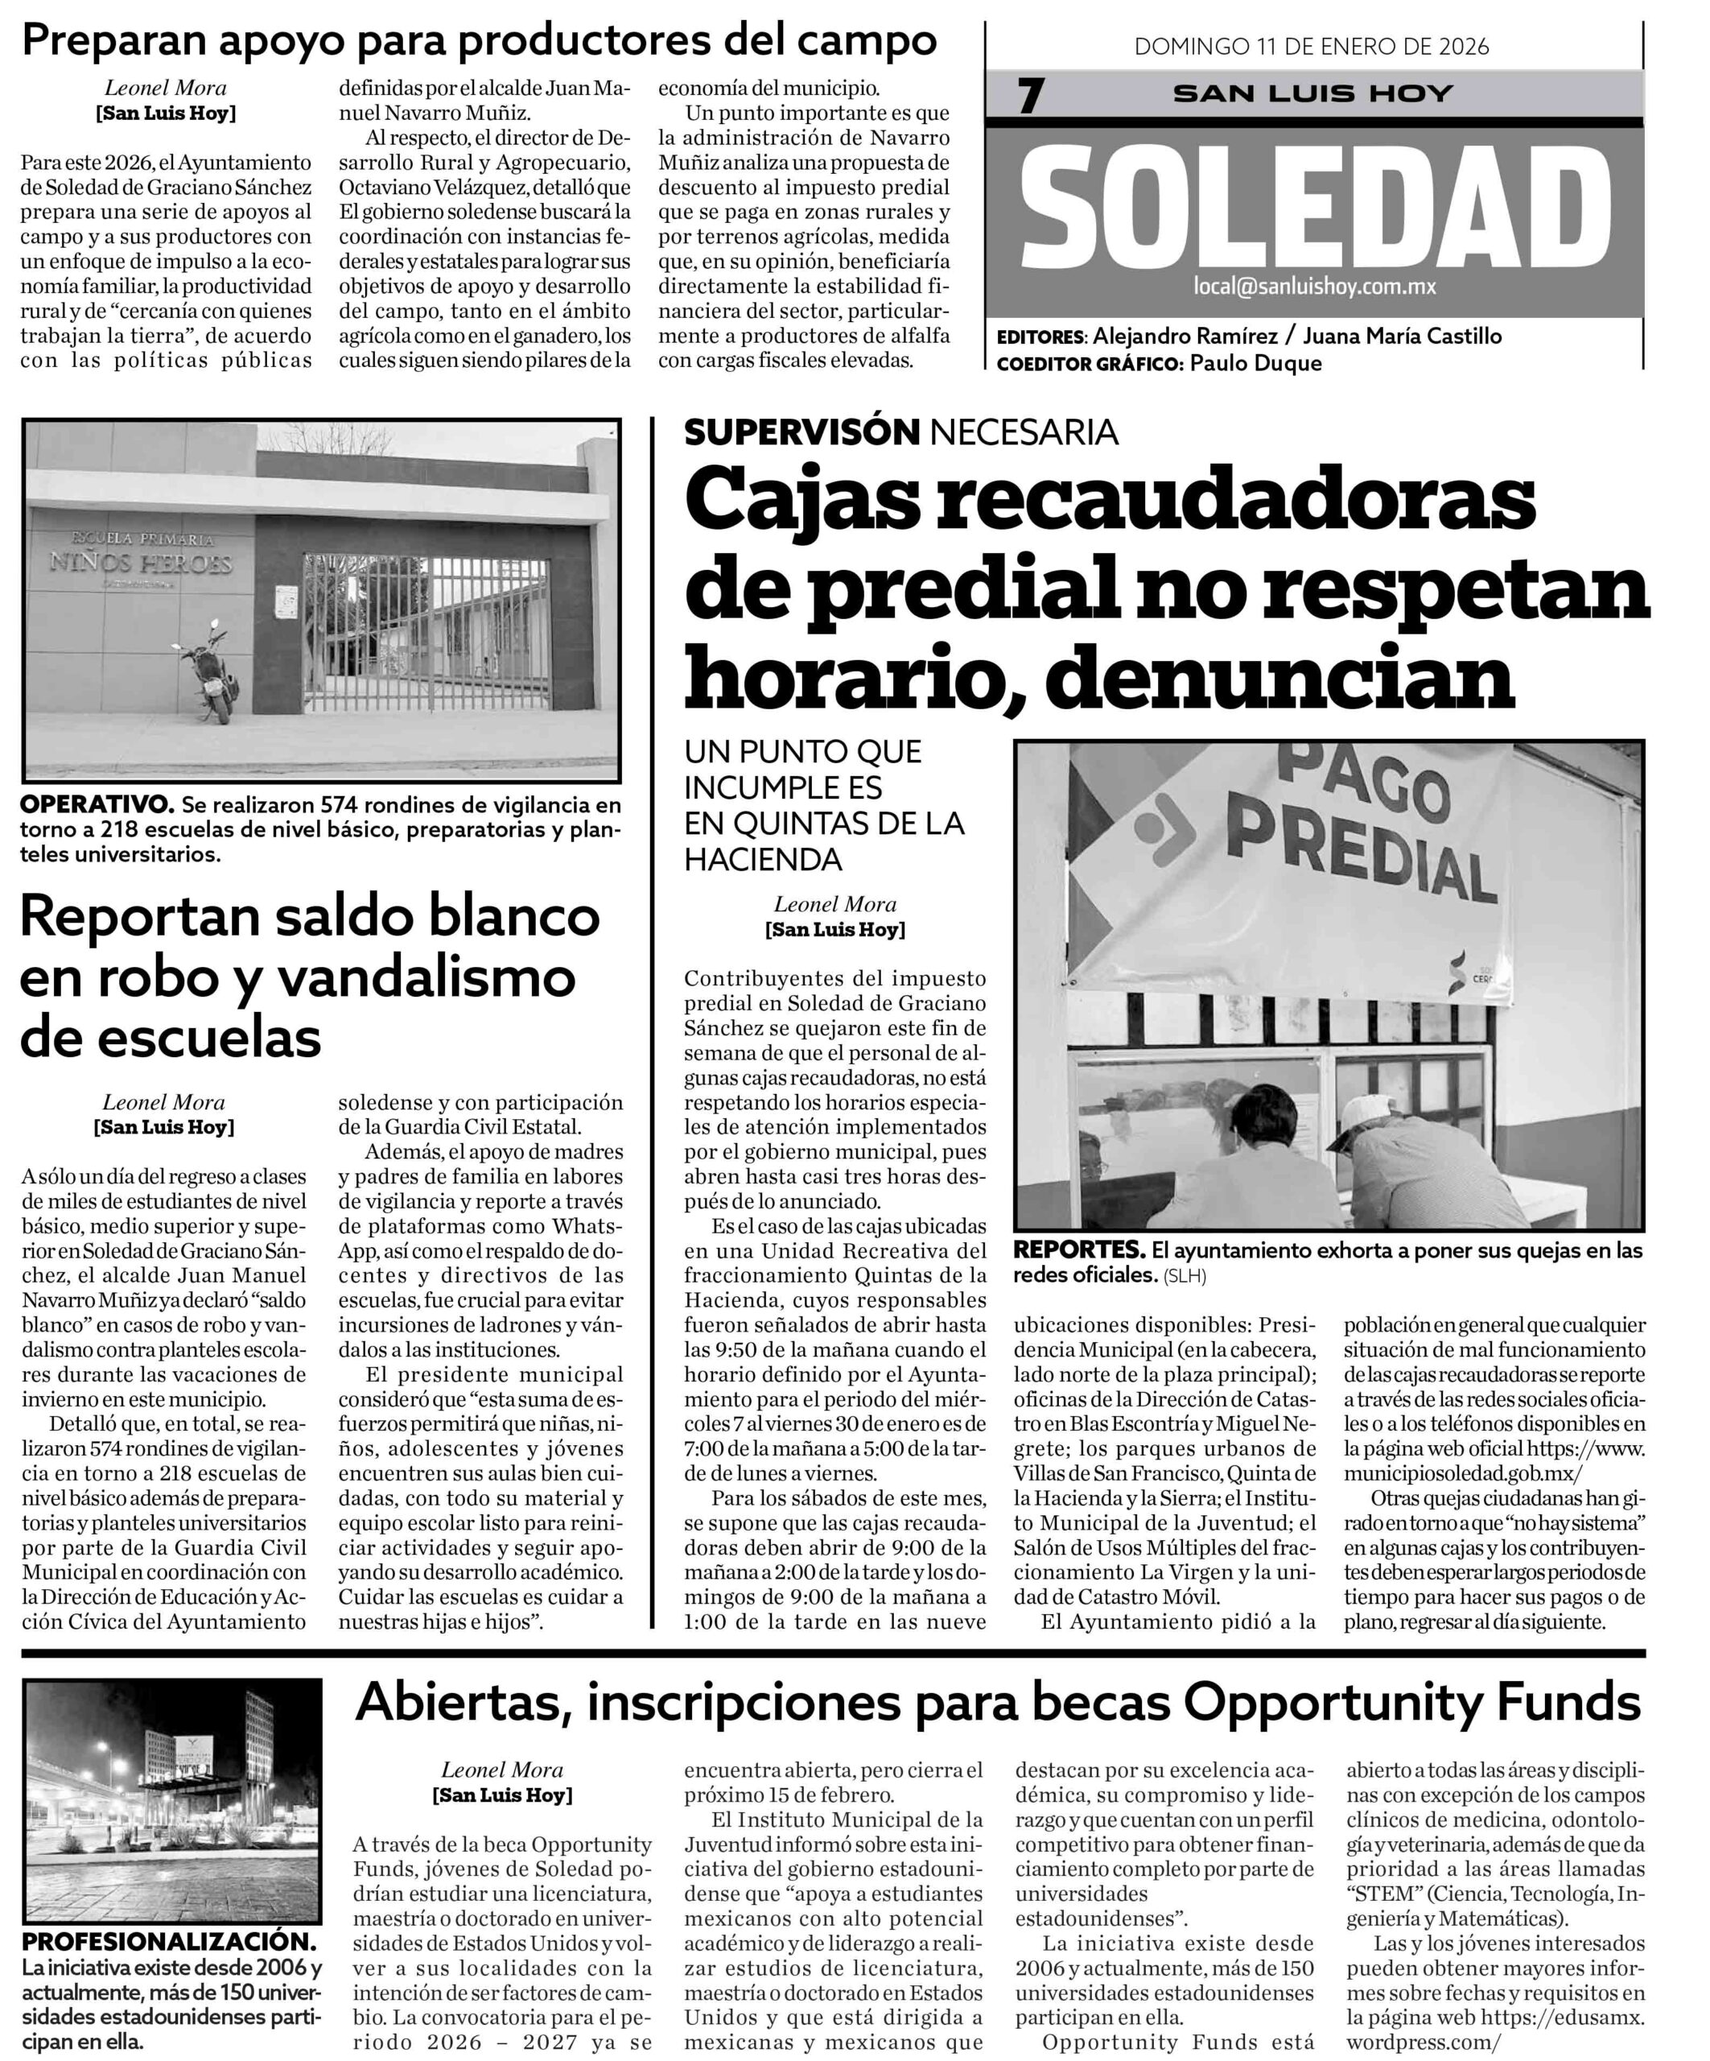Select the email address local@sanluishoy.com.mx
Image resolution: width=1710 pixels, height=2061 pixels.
click(1315, 287)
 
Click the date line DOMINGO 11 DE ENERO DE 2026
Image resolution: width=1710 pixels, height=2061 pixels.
click(1312, 46)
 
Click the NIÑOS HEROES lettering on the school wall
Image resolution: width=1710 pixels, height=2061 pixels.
click(142, 564)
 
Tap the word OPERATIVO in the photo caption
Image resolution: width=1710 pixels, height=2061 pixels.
click(96, 805)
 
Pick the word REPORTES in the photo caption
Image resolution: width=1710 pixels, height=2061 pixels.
click(1079, 1250)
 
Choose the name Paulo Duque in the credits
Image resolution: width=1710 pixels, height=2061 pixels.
click(1256, 363)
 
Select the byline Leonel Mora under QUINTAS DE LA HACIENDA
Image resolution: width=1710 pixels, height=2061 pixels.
click(835, 904)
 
